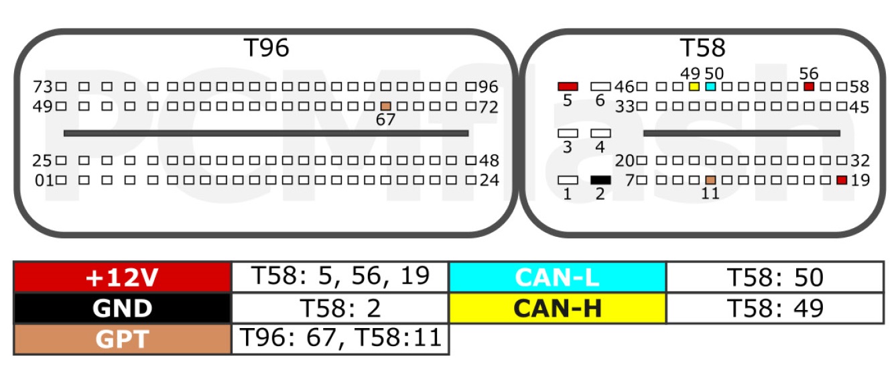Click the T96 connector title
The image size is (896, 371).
267,48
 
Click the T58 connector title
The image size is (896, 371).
702,48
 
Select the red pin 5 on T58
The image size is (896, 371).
568,87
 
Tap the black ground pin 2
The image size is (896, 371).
601,180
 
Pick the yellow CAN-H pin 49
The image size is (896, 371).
694,87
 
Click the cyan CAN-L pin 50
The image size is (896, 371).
711,87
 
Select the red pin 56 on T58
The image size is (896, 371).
809,87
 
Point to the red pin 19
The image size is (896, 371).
842,180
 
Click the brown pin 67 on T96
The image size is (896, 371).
386,106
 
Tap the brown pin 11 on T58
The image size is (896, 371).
711,180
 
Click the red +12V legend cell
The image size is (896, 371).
123,277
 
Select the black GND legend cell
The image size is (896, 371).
123,308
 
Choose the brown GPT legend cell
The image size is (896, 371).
123,339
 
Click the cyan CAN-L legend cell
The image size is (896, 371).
558,277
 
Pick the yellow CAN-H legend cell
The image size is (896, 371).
558,308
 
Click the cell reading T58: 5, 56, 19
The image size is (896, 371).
340,277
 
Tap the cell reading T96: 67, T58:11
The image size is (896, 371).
340,339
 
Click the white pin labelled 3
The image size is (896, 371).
568,134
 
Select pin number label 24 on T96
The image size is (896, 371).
489,180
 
